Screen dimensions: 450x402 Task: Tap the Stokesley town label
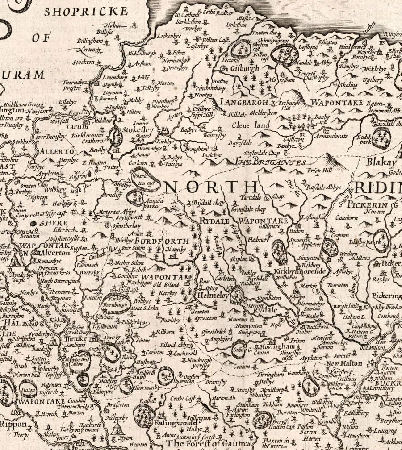138,130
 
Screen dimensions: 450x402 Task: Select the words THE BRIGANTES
271,162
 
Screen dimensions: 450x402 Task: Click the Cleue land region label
250,126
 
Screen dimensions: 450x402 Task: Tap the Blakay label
382,162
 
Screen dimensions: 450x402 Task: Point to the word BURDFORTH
165,241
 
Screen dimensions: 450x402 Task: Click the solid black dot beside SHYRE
33,223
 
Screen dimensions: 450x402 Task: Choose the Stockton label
84,62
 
